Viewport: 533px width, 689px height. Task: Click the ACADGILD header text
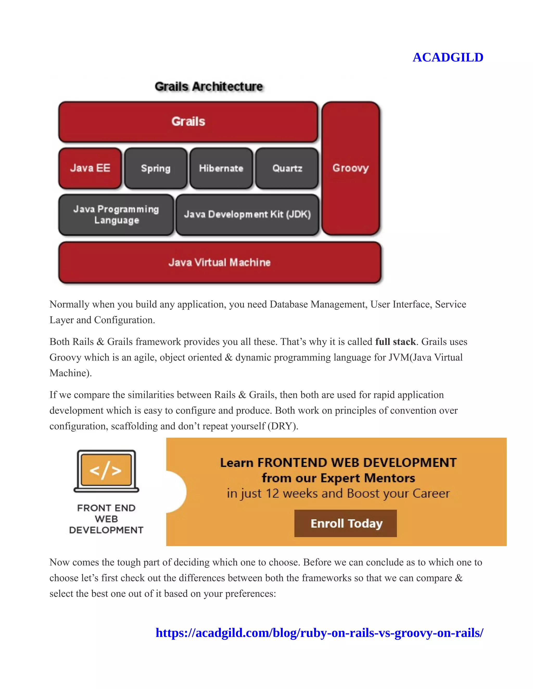coord(447,57)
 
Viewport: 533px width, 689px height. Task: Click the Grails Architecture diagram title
coord(208,86)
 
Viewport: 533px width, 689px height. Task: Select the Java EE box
coord(90,168)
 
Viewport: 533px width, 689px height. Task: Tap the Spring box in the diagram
coord(156,168)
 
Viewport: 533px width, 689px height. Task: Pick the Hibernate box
coord(221,168)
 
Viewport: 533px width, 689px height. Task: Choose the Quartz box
coord(287,168)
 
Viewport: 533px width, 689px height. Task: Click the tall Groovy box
coord(351,168)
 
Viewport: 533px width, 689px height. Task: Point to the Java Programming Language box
coord(116,214)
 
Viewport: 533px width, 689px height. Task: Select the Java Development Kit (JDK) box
coord(247,214)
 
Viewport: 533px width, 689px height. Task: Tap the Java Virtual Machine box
coord(219,263)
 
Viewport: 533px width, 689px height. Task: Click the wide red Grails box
coord(188,121)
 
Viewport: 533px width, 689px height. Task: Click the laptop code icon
coord(106,471)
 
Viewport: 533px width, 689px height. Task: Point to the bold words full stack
coord(395,342)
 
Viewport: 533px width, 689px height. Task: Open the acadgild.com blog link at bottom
coord(319,633)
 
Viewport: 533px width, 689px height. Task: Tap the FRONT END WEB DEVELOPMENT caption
coord(106,519)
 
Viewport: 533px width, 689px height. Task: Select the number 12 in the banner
coord(272,493)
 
